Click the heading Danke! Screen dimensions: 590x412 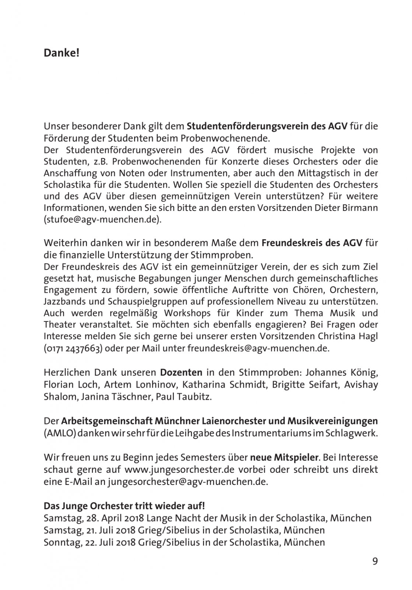pos(62,53)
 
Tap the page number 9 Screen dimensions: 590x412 pos(375,561)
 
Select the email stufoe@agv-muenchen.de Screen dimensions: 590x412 pos(102,220)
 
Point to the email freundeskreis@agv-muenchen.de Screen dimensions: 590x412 pos(258,348)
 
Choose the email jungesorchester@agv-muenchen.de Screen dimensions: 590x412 pos(187,482)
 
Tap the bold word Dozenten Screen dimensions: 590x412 pos(181,372)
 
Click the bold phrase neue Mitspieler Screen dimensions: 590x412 pos(284,458)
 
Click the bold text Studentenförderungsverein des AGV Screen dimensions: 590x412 pos(267,126)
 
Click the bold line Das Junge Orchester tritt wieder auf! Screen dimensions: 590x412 pos(124,506)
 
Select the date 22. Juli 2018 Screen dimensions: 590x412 pos(112,542)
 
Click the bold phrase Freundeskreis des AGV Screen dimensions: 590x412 pos(312,243)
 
